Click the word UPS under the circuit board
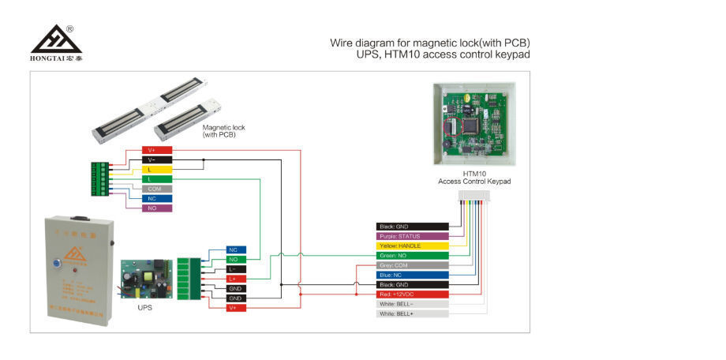(x=144, y=307)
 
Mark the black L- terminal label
(x=235, y=269)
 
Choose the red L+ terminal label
(x=235, y=279)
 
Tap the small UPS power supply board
(x=144, y=279)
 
